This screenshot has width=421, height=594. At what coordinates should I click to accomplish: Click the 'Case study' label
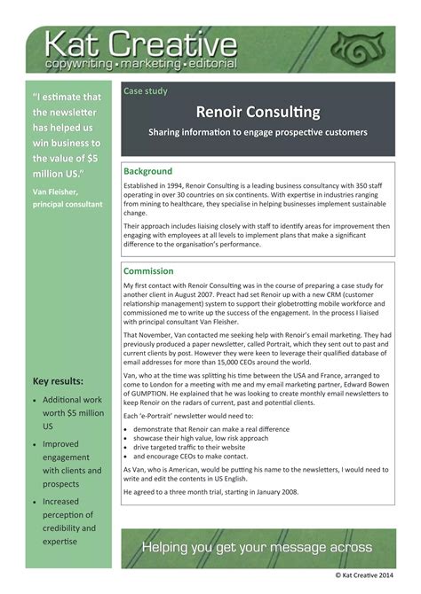pyautogui.click(x=146, y=90)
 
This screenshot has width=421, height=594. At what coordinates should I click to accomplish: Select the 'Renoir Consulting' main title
pyautogui.click(x=259, y=113)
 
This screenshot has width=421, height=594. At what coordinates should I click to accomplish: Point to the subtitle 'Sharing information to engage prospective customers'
pyautogui.click(x=258, y=133)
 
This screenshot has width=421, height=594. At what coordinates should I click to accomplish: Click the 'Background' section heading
pyautogui.click(x=148, y=170)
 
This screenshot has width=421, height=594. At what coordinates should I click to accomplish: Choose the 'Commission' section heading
pyautogui.click(x=149, y=271)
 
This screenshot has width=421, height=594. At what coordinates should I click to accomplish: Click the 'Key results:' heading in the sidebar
pyautogui.click(x=58, y=382)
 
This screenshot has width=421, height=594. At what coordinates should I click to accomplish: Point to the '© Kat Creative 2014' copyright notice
pyautogui.click(x=374, y=575)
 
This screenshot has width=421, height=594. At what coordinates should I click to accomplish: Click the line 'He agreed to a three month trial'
pyautogui.click(x=211, y=491)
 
